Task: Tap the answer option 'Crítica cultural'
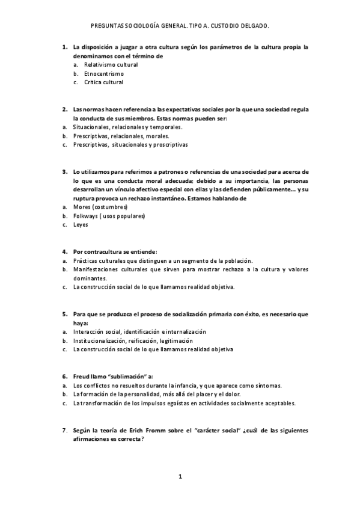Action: point(104,82)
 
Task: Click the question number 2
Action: point(64,109)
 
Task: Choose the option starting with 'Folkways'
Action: point(109,216)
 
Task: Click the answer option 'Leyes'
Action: point(81,225)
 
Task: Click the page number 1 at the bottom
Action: point(180,477)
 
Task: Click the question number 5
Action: point(64,314)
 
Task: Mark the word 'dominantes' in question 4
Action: point(90,278)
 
